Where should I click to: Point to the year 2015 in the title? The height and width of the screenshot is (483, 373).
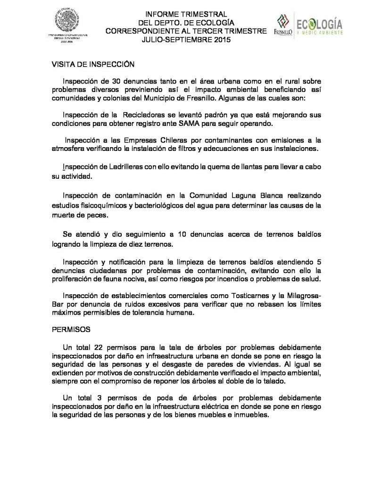(x=219, y=41)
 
